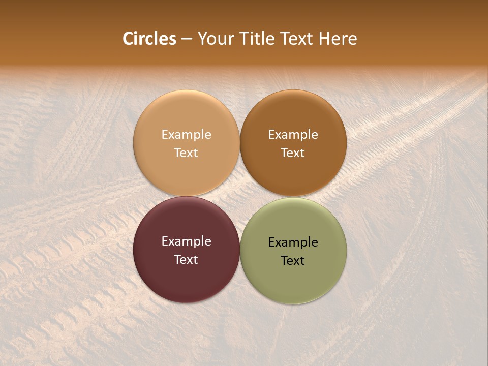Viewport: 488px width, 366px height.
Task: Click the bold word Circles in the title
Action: [x=149, y=39]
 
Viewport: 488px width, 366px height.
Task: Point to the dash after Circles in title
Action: [x=187, y=39]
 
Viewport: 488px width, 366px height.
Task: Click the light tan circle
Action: [x=186, y=117]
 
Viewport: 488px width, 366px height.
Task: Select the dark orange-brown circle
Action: [x=293, y=117]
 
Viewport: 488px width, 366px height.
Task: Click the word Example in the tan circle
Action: [x=186, y=135]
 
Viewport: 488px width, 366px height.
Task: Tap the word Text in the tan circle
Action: [x=186, y=152]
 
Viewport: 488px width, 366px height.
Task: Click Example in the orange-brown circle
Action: [x=293, y=135]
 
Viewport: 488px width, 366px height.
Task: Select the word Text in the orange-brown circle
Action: [x=293, y=152]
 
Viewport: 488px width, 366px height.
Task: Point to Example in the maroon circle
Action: [x=186, y=241]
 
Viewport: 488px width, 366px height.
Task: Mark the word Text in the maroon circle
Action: [x=186, y=259]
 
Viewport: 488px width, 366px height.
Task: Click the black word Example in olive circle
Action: [x=293, y=242]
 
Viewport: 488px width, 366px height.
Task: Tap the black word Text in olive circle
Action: [x=293, y=260]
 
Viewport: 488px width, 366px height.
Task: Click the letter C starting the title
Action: [x=128, y=39]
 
